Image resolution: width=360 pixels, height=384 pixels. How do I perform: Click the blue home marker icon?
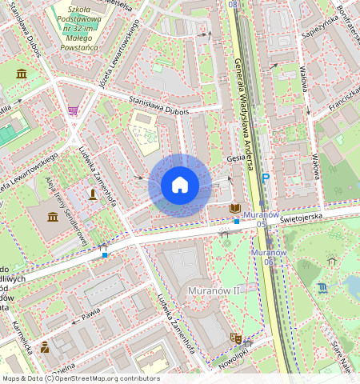[x=180, y=185]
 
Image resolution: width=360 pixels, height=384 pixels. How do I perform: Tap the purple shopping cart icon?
[x=73, y=110]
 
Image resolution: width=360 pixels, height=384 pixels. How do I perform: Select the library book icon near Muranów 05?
[x=234, y=209]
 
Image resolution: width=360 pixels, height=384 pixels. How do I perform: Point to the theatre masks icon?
[x=235, y=338]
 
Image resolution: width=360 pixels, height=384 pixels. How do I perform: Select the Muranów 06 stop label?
[x=268, y=257]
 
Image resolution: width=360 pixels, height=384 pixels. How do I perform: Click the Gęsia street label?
[x=235, y=159]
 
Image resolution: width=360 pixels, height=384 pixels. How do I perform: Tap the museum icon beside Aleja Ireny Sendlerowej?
[x=53, y=217]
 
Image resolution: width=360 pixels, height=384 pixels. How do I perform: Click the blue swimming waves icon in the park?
[x=322, y=286]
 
